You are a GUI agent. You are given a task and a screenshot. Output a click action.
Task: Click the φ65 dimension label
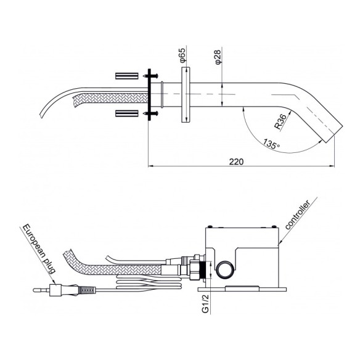click(182, 55)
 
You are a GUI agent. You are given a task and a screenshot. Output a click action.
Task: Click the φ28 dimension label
click(218, 57)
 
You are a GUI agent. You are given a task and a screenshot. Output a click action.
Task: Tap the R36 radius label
click(281, 121)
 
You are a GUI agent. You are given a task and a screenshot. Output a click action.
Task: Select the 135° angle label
click(271, 144)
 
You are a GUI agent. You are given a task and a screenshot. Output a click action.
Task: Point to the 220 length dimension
click(236, 162)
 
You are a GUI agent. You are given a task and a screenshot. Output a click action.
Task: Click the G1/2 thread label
click(205, 303)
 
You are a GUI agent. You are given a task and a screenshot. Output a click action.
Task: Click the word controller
click(298, 215)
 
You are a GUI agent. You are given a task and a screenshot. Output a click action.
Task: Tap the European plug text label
click(39, 249)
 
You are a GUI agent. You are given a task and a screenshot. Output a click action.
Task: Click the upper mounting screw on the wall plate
click(151, 75)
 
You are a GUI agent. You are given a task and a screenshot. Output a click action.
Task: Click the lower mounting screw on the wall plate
click(151, 113)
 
